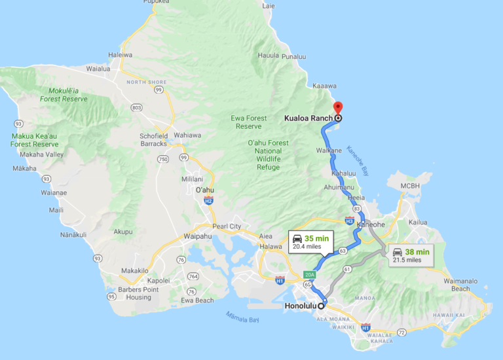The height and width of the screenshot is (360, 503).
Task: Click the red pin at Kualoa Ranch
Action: pyautogui.click(x=338, y=108)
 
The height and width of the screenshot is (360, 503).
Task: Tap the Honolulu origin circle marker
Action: pyautogui.click(x=321, y=306)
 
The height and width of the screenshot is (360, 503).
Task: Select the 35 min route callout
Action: pyautogui.click(x=311, y=242)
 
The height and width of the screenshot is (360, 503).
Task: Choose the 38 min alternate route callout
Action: pyautogui.click(x=411, y=255)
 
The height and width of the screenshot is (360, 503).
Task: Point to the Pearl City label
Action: pyautogui.click(x=227, y=226)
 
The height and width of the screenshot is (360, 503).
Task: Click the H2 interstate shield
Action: pyautogui.click(x=208, y=201)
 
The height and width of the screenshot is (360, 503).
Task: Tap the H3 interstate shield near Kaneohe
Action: pyautogui.click(x=350, y=221)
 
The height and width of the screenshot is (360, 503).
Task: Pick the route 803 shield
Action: pyautogui.click(x=136, y=107)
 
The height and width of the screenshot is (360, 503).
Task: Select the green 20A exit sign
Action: pyautogui.click(x=310, y=275)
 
